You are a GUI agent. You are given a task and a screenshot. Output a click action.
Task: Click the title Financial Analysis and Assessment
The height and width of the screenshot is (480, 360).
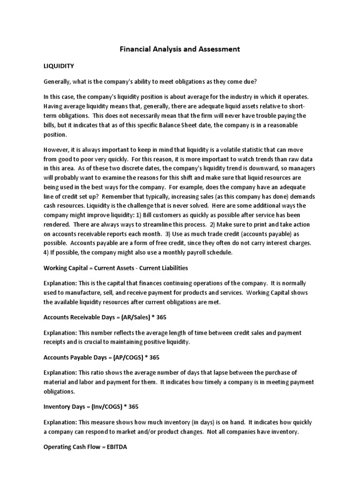[x=180, y=49]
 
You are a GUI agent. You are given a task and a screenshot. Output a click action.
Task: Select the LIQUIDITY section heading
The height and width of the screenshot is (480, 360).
[x=59, y=66]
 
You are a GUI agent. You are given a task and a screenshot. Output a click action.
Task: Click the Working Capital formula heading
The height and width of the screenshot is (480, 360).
[x=116, y=268]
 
